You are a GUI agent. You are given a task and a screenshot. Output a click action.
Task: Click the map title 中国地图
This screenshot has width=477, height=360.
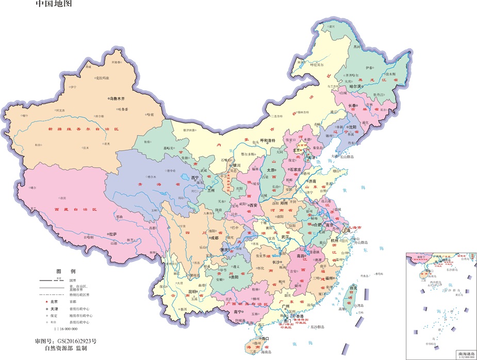pos(53,4)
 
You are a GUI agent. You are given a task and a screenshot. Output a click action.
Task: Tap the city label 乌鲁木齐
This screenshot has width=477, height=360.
pos(120,98)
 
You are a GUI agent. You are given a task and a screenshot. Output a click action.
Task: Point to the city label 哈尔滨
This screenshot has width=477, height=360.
pos(357,87)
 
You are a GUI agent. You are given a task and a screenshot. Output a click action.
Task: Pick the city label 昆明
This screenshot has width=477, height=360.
pos(192,291)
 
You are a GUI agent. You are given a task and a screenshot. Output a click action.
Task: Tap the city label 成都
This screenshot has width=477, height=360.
pos(214,238)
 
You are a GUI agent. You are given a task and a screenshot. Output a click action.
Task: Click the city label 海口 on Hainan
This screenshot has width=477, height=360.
pos(266,338)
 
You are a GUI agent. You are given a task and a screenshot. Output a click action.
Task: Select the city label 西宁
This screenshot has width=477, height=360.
pos(194,177)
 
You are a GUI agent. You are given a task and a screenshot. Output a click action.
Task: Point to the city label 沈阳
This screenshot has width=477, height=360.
pos(353,126)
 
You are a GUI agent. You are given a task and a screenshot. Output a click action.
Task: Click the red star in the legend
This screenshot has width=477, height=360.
pos(46,301)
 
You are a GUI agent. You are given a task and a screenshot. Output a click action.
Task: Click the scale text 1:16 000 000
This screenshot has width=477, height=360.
pos(65,329)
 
